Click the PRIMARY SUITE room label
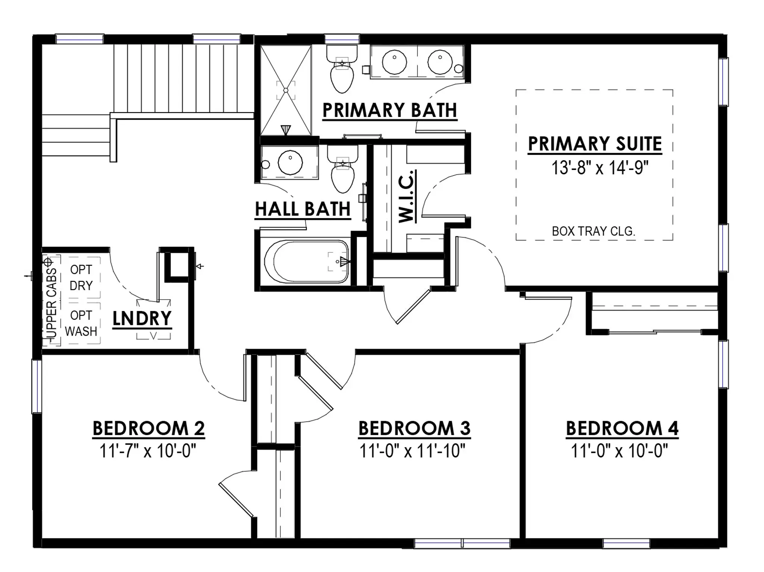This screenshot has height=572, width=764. click(595, 144)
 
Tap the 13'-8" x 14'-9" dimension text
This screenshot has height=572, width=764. click(600, 168)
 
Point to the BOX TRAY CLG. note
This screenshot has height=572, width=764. click(594, 231)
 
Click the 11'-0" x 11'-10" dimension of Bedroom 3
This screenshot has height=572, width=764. click(413, 451)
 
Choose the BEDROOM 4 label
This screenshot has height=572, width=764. click(622, 428)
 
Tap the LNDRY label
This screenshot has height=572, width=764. click(142, 318)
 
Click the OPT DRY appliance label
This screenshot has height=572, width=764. click(81, 277)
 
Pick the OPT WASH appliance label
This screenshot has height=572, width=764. click(81, 323)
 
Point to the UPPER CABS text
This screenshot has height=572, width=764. click(51, 303)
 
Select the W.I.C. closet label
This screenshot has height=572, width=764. click(406, 196)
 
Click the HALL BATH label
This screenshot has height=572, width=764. click(303, 209)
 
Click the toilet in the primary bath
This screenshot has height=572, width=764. click(342, 69)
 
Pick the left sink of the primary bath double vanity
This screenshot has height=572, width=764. click(394, 62)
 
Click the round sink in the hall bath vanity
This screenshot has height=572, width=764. click(290, 162)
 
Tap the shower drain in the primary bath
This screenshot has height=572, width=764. click(286, 90)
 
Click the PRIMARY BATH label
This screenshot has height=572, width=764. click(390, 111)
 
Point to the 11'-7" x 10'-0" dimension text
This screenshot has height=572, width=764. click(148, 451)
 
